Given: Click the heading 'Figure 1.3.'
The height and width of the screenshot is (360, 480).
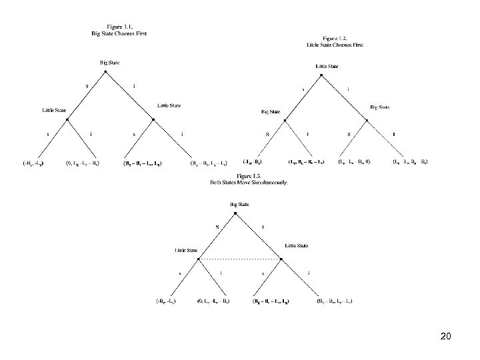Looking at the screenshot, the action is click(x=240, y=176).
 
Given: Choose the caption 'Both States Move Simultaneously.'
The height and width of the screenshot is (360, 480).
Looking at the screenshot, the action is click(x=240, y=182).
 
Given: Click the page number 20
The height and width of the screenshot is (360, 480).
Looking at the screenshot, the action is click(x=446, y=337).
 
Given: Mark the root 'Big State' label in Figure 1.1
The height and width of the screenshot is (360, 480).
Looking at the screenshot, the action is click(x=111, y=62).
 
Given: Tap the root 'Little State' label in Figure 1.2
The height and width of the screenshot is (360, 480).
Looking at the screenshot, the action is click(x=327, y=67).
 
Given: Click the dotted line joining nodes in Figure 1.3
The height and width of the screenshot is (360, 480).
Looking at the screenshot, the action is click(x=241, y=259).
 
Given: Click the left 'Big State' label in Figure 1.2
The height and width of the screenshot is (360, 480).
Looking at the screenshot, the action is click(x=271, y=112).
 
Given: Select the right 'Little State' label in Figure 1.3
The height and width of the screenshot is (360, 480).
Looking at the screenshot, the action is click(x=296, y=245).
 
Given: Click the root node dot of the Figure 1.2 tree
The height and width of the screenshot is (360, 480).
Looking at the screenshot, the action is click(x=321, y=75).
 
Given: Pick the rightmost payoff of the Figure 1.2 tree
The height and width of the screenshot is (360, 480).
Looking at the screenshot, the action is click(x=429, y=162).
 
